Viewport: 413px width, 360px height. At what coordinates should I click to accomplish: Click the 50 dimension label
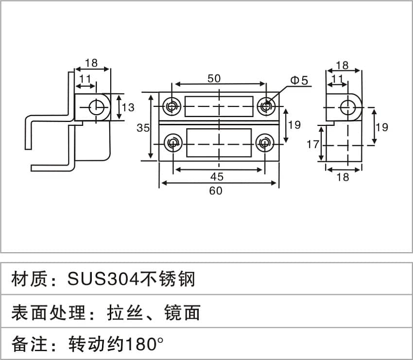215,78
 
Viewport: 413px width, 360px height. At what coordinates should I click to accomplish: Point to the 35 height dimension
143,128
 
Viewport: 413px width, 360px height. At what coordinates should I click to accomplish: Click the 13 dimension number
128,107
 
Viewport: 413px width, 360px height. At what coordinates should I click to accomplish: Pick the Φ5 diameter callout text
299,81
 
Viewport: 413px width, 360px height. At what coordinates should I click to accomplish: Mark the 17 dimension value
312,144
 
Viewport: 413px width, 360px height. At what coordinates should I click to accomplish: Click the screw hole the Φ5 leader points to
266,106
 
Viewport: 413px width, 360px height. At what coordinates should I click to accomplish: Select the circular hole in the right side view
347,107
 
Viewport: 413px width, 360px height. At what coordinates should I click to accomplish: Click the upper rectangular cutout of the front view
219,107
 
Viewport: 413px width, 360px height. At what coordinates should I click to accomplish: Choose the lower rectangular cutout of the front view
219,143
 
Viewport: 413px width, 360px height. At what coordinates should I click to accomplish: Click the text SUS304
103,279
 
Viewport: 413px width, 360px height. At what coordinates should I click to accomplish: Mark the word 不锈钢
167,279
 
